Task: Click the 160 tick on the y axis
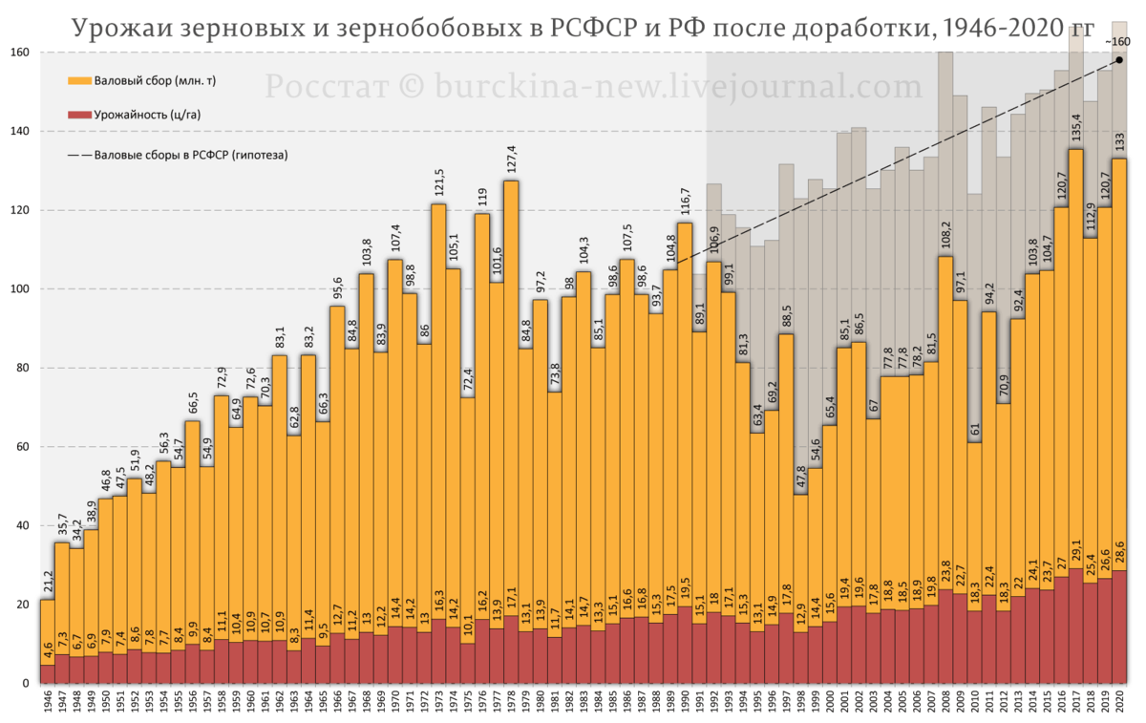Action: coord(20,53)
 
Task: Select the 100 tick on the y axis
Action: coord(20,289)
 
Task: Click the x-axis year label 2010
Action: coord(973,707)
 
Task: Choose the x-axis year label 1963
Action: coord(292,707)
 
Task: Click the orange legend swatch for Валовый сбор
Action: coord(78,81)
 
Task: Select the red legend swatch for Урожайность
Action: coord(78,116)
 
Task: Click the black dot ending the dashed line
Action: coord(1118,60)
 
